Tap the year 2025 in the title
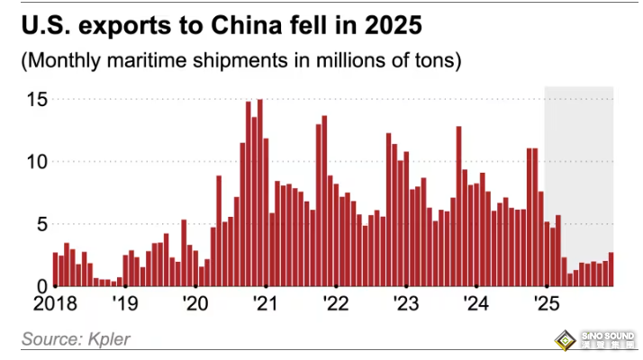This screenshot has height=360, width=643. [x=369, y=25]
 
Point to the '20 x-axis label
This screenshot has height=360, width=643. [x=195, y=303]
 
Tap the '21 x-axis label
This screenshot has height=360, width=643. [x=265, y=303]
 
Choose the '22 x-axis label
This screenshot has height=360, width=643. [x=335, y=303]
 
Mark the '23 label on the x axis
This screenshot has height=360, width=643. [x=405, y=303]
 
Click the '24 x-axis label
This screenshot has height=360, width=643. [x=475, y=303]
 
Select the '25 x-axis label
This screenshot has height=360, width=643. [x=545, y=303]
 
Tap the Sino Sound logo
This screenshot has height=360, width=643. [x=593, y=340]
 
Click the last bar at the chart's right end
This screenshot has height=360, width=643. [x=611, y=269]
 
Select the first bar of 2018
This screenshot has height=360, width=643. [x=55, y=269]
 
